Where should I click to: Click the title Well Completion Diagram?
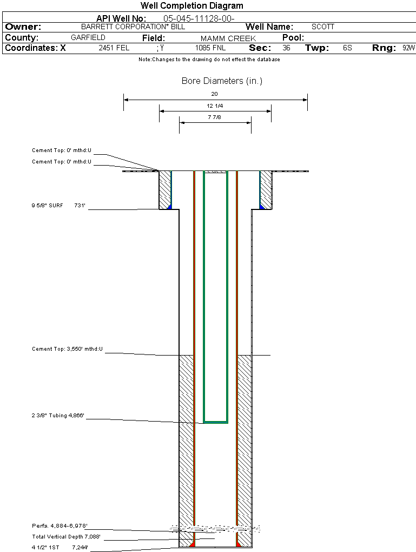pos(192,6)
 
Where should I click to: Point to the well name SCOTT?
pos(323,27)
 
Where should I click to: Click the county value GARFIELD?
pos(88,38)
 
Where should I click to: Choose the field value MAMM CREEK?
pos(228,38)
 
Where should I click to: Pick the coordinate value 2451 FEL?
pos(114,48)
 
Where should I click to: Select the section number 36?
pos(286,48)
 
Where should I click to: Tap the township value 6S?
pos(347,48)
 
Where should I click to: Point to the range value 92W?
pos(408,48)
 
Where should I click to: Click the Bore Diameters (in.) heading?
pos(222,81)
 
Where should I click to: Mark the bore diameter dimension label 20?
pos(215,94)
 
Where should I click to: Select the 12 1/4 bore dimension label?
pos(215,106)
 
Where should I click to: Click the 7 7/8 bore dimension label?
pos(215,117)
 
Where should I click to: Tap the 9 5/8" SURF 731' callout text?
pos(58,206)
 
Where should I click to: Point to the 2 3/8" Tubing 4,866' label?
pos(58,416)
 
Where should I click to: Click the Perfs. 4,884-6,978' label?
pos(60,526)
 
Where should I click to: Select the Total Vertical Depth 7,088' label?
pos(66,537)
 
